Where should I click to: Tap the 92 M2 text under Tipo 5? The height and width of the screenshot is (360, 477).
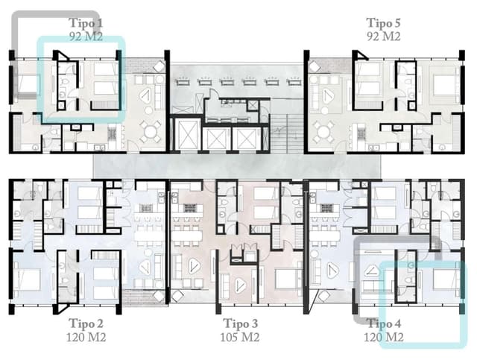click(384, 36)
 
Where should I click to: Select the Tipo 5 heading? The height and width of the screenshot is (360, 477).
click(384, 23)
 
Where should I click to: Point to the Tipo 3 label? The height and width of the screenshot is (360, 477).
click(241, 323)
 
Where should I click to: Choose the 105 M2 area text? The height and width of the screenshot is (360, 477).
click(241, 337)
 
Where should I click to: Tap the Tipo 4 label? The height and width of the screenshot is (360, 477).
click(384, 323)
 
